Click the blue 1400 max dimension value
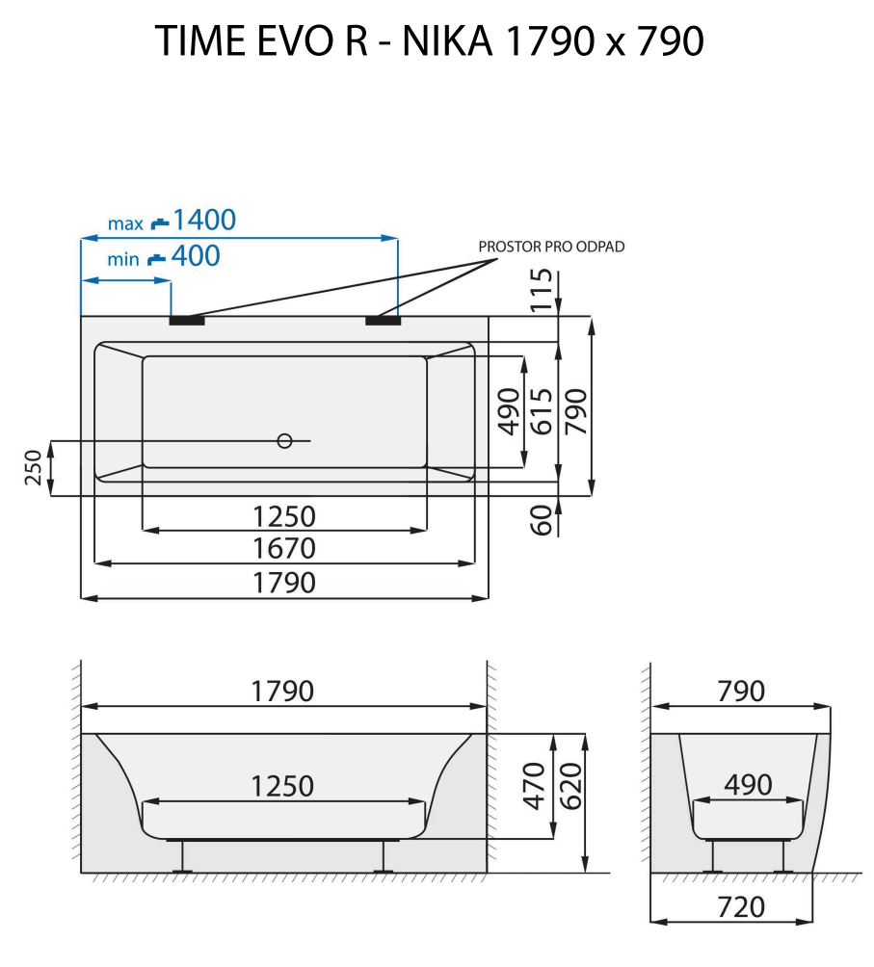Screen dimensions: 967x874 (203, 221)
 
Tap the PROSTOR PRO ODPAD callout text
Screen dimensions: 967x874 (551, 247)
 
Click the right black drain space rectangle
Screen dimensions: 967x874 (383, 320)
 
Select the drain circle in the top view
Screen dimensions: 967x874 (283, 441)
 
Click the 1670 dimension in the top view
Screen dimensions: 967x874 (283, 549)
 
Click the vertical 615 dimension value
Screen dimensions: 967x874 (543, 411)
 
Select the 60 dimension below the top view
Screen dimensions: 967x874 (543, 519)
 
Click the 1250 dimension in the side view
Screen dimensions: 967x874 (283, 786)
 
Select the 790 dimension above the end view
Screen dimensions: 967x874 (740, 692)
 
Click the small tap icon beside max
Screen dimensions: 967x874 (160, 222)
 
